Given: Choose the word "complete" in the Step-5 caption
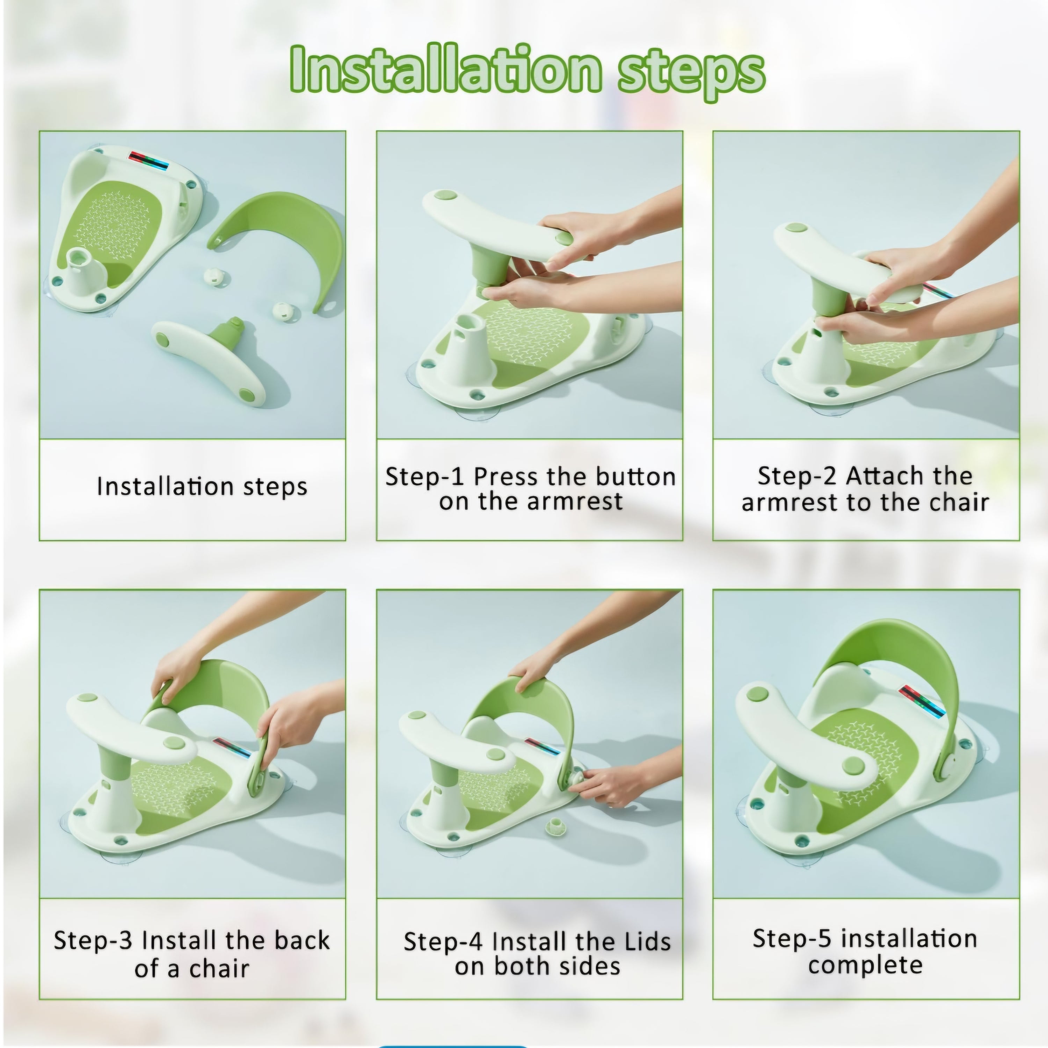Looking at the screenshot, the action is [x=865, y=966].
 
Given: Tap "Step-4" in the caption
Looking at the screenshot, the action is [x=443, y=942].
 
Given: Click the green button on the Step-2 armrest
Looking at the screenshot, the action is [x=795, y=228].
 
